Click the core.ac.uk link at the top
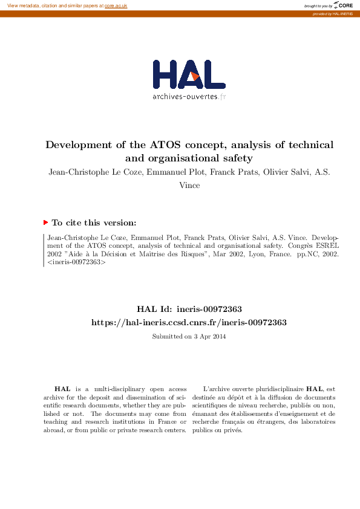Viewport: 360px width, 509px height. pos(116,5)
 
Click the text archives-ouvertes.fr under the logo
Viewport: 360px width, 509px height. pos(189,97)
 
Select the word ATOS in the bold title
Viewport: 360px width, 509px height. pos(163,145)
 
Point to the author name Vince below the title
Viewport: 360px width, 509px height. pos(189,186)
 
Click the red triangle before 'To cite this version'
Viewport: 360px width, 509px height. pos(45,222)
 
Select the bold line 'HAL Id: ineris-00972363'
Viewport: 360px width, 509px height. pos(188,309)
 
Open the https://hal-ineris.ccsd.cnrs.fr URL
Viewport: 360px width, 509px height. pos(188,323)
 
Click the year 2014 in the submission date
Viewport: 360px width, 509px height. pos(218,336)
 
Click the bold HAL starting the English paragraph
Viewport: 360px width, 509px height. pos(62,389)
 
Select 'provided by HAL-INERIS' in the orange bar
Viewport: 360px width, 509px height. pos(332,13)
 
